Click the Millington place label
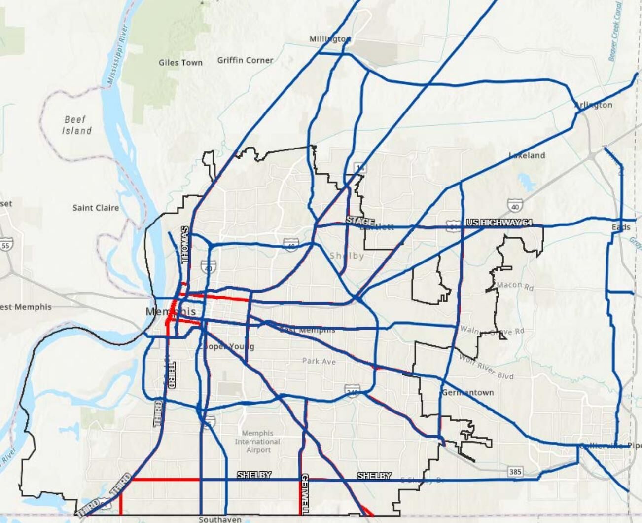tap(329, 39)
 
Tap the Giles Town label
tap(180, 63)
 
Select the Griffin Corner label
tap(245, 60)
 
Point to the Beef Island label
tap(76, 125)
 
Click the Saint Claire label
tap(96, 208)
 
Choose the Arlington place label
tap(593, 105)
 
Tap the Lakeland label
tap(527, 155)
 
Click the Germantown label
tap(467, 393)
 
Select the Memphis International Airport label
tap(257, 442)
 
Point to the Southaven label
tap(220, 519)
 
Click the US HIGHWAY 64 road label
tap(499, 223)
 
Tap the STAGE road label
tap(360, 221)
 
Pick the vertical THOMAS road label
tap(185, 245)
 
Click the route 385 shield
tap(515, 472)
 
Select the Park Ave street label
tap(319, 361)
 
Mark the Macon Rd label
tap(515, 286)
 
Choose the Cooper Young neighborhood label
tap(226, 346)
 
